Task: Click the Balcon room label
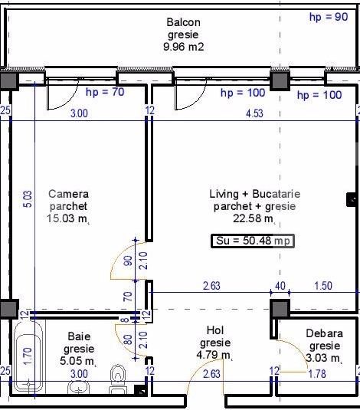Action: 184,22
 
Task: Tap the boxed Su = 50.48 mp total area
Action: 253,241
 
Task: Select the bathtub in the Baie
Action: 28,357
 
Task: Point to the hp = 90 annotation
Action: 329,17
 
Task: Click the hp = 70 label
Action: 105,92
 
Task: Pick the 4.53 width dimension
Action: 254,113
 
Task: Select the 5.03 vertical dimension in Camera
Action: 28,199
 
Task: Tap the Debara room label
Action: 324,333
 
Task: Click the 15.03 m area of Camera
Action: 68,218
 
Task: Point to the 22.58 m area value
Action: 254,218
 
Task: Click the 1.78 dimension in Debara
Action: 317,374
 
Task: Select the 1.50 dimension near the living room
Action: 323,286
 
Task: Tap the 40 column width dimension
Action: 280,286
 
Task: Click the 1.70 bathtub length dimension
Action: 28,356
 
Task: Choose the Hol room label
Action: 215,330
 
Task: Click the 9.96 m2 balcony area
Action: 184,47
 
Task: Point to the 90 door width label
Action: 128,261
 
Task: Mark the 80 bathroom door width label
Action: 128,339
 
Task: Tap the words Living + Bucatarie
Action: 254,194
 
